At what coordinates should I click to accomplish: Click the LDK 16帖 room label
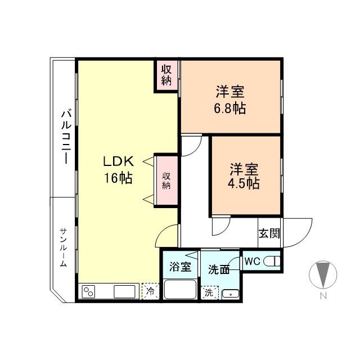pyautogui.click(x=118, y=169)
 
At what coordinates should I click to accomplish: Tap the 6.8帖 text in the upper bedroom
pyautogui.click(x=230, y=109)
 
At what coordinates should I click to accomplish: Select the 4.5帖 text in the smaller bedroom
pyautogui.click(x=244, y=183)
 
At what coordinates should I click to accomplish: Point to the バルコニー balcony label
pyautogui.click(x=66, y=137)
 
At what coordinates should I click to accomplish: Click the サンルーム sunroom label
pyautogui.click(x=64, y=247)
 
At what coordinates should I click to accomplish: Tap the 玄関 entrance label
pyautogui.click(x=269, y=233)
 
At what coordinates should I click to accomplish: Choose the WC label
pyautogui.click(x=252, y=261)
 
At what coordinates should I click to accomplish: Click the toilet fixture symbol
pyautogui.click(x=272, y=261)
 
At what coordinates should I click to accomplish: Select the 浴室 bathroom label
pyautogui.click(x=181, y=267)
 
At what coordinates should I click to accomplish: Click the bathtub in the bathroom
pyautogui.click(x=181, y=289)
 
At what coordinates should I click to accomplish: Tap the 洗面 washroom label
pyautogui.click(x=219, y=269)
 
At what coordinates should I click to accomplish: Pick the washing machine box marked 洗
pyautogui.click(x=210, y=292)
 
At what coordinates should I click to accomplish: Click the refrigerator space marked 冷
pyautogui.click(x=150, y=291)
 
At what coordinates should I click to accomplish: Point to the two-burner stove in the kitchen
pyautogui.click(x=89, y=291)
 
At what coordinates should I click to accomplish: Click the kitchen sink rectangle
pyautogui.click(x=124, y=291)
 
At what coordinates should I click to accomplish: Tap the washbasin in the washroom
pyautogui.click(x=231, y=294)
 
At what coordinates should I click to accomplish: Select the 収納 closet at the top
pyautogui.click(x=167, y=75)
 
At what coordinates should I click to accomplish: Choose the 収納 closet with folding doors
pyautogui.click(x=166, y=181)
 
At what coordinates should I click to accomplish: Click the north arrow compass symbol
pyautogui.click(x=323, y=274)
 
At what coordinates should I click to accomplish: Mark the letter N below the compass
pyautogui.click(x=323, y=296)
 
